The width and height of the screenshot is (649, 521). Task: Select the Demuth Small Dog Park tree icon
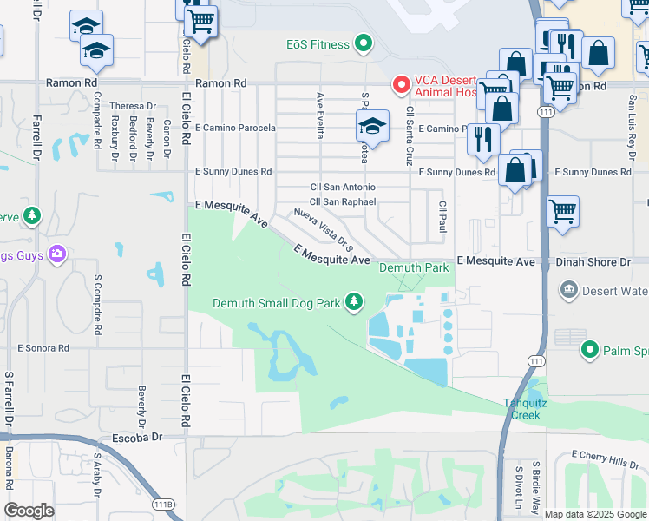coord(354,301)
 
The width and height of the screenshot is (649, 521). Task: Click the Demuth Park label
coord(414,268)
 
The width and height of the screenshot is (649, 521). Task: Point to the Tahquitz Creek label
coord(522,408)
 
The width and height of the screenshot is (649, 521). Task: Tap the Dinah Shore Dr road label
coord(594,261)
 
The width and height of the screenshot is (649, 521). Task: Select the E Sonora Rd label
coord(43,347)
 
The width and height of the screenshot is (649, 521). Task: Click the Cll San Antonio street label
coord(343,188)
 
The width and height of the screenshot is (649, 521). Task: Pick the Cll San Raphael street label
coord(343,201)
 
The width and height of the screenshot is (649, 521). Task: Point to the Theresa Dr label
coord(127,106)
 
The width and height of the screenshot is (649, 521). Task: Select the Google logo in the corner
coord(29,511)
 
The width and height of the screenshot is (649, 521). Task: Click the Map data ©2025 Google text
coord(595,514)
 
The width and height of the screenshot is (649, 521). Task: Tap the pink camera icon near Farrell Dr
coord(57,254)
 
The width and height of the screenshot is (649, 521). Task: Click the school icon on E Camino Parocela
coord(372,127)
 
